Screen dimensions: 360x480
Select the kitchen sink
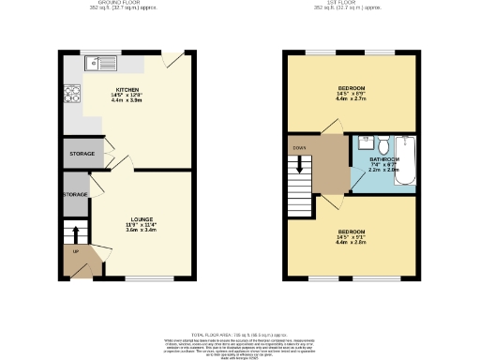(x=97, y=64)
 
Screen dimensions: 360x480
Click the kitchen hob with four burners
(x=71, y=93)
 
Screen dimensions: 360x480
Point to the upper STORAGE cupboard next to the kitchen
(x=82, y=153)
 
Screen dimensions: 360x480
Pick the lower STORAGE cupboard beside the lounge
(x=75, y=194)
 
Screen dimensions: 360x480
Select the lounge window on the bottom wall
(x=149, y=278)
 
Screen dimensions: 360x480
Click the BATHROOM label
(x=384, y=159)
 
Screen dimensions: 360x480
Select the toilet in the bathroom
(x=382, y=142)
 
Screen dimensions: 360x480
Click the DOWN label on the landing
(x=299, y=147)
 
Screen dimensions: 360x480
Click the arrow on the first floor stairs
(x=299, y=163)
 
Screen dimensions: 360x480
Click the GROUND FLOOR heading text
(x=122, y=3)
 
